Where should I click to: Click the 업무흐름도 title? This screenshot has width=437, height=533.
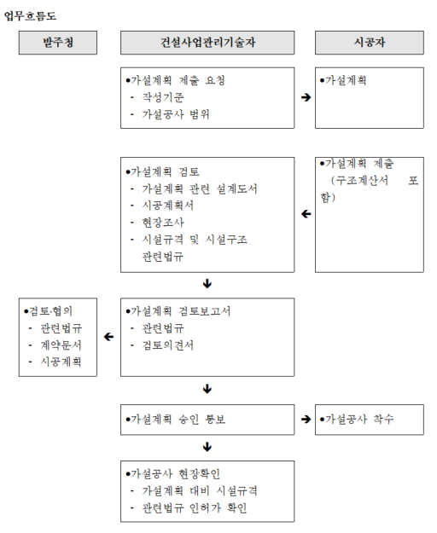point(30,16)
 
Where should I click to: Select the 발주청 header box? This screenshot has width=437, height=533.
point(58,43)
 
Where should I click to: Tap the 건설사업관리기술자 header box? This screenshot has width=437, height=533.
point(207,43)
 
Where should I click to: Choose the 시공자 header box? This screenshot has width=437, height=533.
point(370,43)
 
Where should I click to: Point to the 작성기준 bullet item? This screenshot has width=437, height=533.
point(163,97)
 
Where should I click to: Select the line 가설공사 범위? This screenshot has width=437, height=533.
point(176,114)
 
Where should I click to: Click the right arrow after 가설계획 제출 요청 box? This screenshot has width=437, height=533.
point(306,97)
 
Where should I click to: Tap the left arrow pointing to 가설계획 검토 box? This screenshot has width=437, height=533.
point(306,214)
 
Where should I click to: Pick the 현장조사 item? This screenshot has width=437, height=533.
point(163,223)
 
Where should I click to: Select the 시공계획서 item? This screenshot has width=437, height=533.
point(168,206)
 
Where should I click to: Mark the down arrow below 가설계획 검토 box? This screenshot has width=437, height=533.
point(207,283)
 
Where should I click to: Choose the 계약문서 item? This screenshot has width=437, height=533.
point(61,345)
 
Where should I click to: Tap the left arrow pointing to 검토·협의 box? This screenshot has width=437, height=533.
point(109,337)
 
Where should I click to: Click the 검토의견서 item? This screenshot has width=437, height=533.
point(168,345)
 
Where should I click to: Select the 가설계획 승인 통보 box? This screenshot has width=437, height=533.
point(207,420)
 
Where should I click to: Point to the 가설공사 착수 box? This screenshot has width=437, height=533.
point(370,420)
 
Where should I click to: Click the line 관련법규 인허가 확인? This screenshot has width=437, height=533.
point(195,508)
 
